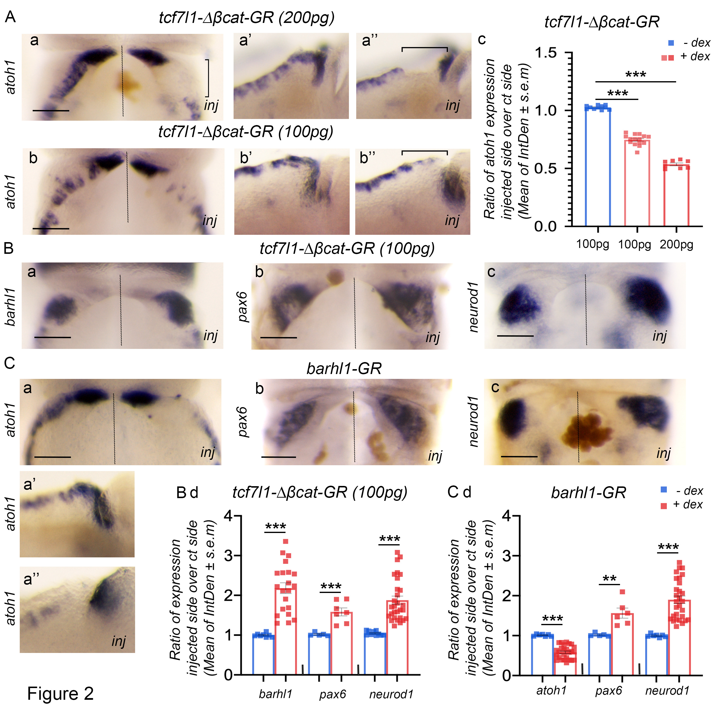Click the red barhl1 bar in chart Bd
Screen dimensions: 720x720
pyautogui.click(x=286, y=630)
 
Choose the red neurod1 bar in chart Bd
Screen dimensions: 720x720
pyautogui.click(x=397, y=637)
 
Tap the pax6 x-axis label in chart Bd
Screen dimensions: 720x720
pyautogui.click(x=332, y=694)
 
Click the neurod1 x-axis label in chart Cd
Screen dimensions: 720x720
pyautogui.click(x=667, y=690)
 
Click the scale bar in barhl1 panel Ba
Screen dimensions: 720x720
pyautogui.click(x=53, y=337)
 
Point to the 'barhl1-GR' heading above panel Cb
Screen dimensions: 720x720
pyautogui.click(x=344, y=369)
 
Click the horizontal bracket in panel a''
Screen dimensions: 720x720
pyautogui.click(x=424, y=48)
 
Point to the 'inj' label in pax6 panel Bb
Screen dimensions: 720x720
pyautogui.click(x=433, y=337)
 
